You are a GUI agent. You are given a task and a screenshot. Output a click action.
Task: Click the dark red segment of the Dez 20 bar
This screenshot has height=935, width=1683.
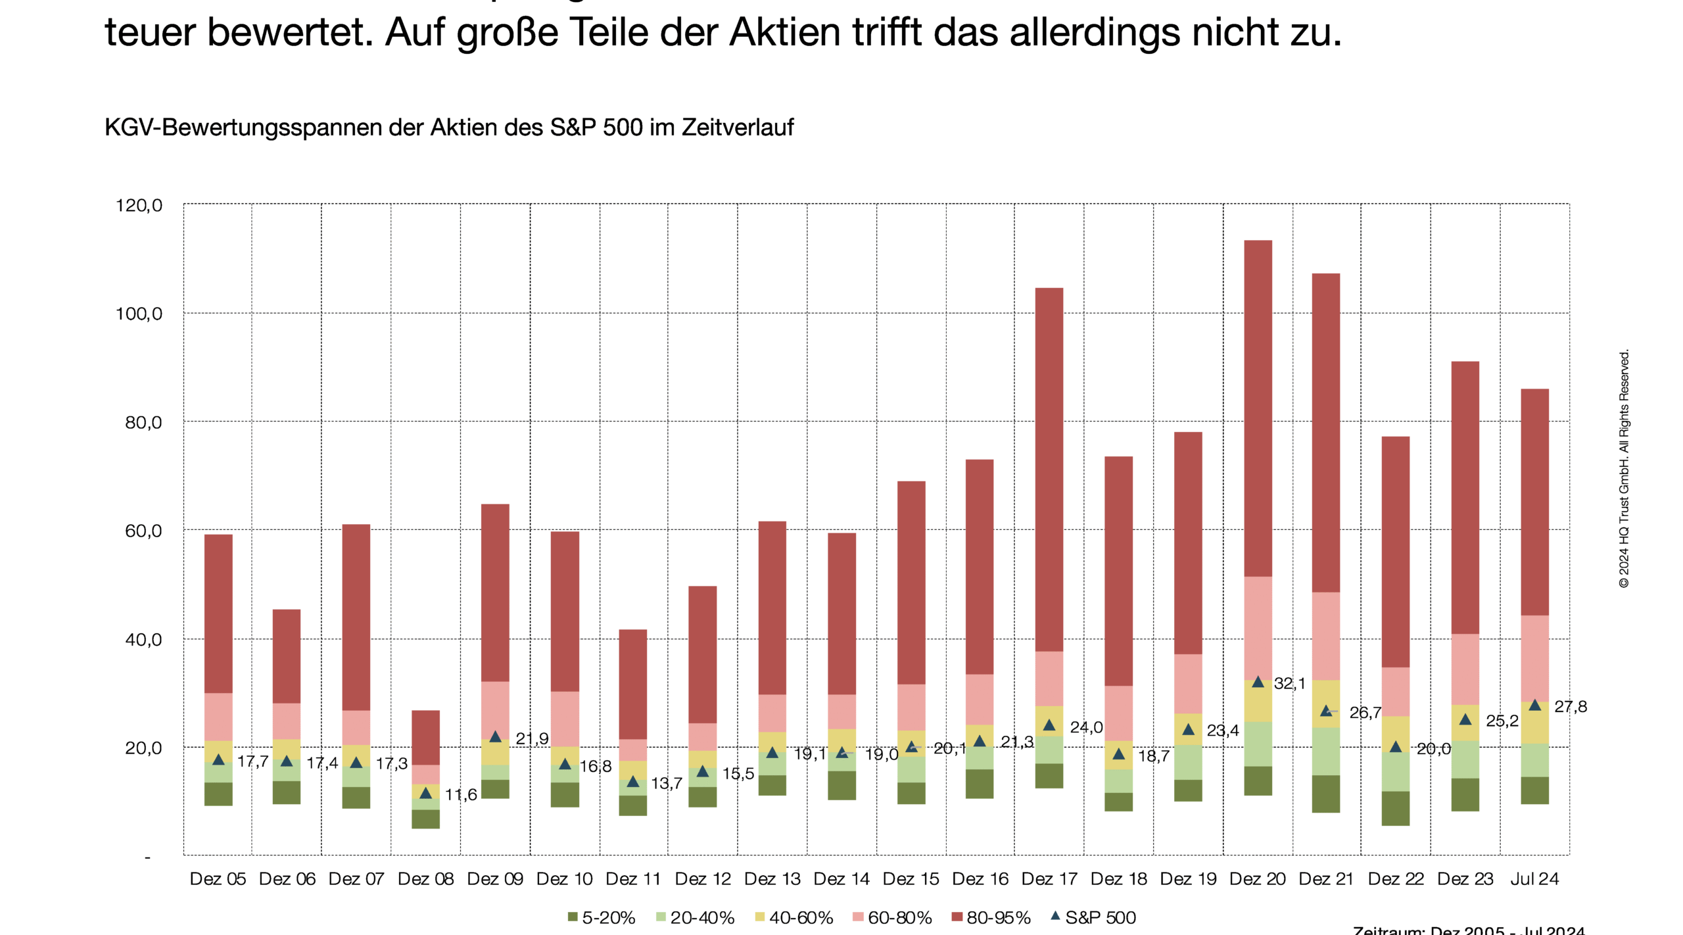click(1257, 408)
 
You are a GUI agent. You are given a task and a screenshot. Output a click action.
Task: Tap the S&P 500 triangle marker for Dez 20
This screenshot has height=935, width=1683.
click(1257, 682)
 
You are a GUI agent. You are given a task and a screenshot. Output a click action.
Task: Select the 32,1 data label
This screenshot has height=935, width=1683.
click(1289, 683)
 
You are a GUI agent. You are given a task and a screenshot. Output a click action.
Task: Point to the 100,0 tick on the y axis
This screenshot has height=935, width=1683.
click(139, 314)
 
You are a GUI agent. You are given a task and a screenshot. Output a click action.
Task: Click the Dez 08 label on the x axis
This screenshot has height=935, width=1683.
click(425, 878)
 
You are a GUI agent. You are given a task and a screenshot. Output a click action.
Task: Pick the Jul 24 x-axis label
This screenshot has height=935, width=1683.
click(1534, 878)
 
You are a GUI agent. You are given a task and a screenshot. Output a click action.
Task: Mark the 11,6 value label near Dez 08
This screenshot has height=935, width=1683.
click(460, 795)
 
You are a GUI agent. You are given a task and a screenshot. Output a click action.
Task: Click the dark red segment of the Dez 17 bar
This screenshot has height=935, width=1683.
click(1049, 469)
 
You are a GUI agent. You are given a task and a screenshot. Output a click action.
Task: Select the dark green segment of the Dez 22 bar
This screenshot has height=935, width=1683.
click(1395, 808)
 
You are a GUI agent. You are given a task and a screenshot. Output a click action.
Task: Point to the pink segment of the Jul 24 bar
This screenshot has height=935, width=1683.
click(1534, 658)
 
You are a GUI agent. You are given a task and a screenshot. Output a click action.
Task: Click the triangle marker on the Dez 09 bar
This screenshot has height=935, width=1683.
click(495, 736)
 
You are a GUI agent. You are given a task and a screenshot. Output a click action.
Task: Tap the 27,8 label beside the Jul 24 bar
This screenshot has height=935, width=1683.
click(1570, 707)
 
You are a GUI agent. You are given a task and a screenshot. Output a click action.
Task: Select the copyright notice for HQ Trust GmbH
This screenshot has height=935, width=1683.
click(1623, 468)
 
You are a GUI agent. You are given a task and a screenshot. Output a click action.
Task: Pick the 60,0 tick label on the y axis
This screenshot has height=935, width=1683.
click(143, 531)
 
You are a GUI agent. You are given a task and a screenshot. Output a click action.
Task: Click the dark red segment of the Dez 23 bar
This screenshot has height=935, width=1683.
click(1465, 497)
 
